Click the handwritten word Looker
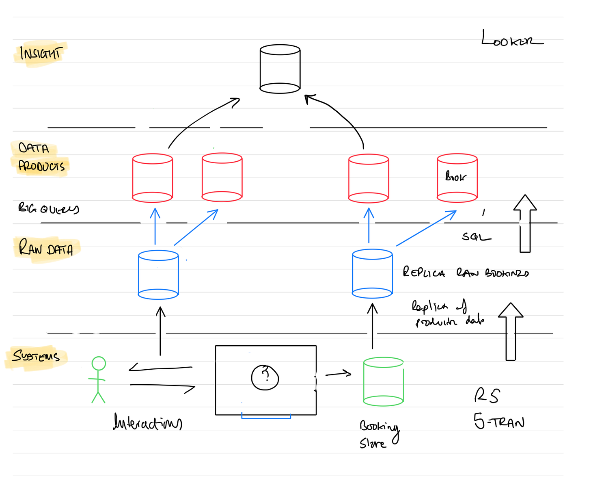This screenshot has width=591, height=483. (x=511, y=39)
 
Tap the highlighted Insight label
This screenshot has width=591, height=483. (x=40, y=53)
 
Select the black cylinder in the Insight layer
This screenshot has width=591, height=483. (x=280, y=69)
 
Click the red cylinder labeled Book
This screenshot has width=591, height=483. (x=457, y=178)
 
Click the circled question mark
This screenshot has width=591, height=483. (x=265, y=377)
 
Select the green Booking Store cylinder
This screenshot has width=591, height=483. (x=383, y=381)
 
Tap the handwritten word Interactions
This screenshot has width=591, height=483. (x=147, y=422)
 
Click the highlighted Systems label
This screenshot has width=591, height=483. (x=36, y=356)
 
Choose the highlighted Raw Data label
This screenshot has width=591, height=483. (x=46, y=248)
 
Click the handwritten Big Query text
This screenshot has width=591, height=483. (x=48, y=208)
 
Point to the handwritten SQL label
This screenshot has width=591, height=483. (x=476, y=237)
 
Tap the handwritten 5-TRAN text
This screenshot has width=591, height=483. (x=499, y=422)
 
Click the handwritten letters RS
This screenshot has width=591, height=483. (x=487, y=395)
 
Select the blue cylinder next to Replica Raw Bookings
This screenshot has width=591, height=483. (x=372, y=274)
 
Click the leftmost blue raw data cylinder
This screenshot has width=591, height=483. (x=158, y=275)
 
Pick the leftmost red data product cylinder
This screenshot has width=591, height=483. (x=153, y=178)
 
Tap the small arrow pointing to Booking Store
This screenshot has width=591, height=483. (x=338, y=373)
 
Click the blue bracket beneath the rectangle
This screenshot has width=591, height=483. (x=266, y=416)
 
